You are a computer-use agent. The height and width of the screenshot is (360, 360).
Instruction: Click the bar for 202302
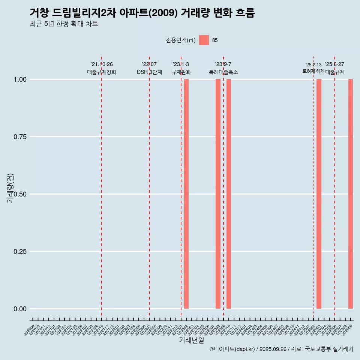[186, 194]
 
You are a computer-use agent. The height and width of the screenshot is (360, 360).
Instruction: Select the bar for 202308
[218, 194]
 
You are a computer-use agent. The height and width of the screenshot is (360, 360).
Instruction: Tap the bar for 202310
[229, 194]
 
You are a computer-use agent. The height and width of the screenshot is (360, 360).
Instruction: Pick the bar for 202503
[319, 194]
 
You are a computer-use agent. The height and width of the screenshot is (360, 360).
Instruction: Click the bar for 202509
[351, 194]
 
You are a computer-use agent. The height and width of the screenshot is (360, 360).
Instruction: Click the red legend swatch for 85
[204, 40]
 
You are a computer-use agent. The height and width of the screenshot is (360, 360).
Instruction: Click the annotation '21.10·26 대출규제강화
[102, 68]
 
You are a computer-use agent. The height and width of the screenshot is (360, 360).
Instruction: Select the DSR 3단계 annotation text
[149, 72]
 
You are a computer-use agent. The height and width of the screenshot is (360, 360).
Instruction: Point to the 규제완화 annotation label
[181, 72]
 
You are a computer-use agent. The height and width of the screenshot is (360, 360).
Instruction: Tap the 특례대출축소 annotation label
[223, 72]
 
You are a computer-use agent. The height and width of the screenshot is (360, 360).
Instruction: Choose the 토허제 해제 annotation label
[313, 71]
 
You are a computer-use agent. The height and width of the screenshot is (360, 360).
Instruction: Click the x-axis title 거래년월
[192, 340]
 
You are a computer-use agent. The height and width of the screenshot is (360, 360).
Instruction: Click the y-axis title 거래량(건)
[10, 188]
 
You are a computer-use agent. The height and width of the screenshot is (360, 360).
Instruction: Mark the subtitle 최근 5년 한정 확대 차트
[64, 24]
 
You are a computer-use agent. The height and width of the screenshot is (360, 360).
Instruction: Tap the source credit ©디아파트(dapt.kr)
[232, 349]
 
